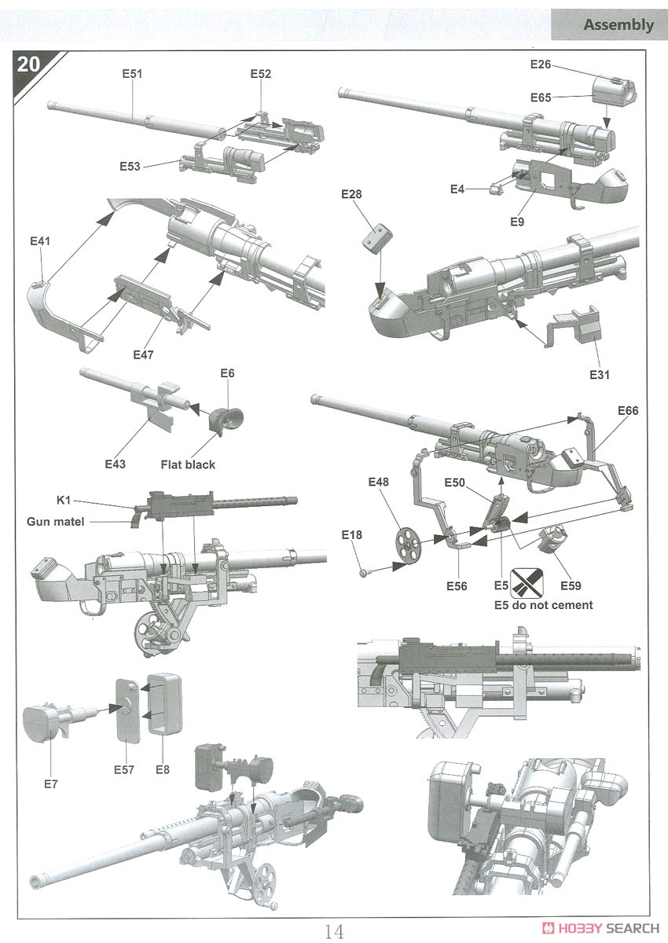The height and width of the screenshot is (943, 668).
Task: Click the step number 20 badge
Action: pyautogui.click(x=28, y=64)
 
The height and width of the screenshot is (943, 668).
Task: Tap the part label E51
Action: pyautogui.click(x=132, y=74)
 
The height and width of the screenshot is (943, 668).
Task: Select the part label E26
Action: pyautogui.click(x=541, y=64)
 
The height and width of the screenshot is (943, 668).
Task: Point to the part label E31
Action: pyautogui.click(x=600, y=374)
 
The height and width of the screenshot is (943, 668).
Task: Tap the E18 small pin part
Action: pyautogui.click(x=365, y=573)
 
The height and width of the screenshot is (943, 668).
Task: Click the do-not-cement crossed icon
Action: pyautogui.click(x=527, y=582)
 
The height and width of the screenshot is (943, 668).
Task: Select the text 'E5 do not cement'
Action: pyautogui.click(x=543, y=605)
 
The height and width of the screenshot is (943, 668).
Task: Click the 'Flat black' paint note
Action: pyautogui.click(x=188, y=464)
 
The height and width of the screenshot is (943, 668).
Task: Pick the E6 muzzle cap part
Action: pyautogui.click(x=226, y=416)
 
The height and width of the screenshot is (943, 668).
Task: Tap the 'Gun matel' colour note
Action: pyautogui.click(x=56, y=522)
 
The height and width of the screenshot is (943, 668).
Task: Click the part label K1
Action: pyautogui.click(x=64, y=500)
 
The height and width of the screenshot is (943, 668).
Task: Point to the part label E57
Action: pyautogui.click(x=123, y=769)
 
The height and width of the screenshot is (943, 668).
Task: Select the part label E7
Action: pyautogui.click(x=50, y=784)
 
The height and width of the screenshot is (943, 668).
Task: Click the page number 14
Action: pyautogui.click(x=333, y=930)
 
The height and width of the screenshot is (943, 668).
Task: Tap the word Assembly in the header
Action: pyautogui.click(x=618, y=24)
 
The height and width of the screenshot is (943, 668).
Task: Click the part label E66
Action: pyautogui.click(x=628, y=410)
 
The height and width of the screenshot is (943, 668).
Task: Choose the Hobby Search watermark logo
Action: pyautogui.click(x=600, y=928)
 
